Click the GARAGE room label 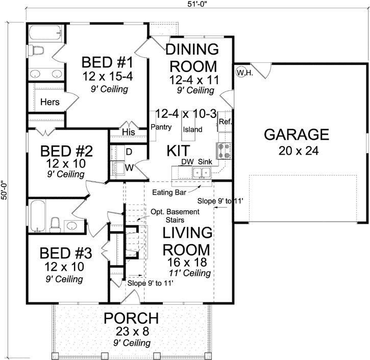tap(296, 135)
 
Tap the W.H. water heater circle tap(242, 73)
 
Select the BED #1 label tap(108, 63)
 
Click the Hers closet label tap(50, 102)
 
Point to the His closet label tap(128, 132)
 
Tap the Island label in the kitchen tap(192, 129)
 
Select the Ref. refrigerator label tap(225, 122)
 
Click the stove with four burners tap(224, 151)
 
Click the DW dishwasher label tap(187, 162)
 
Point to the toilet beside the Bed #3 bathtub tap(56, 224)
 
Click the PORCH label tap(131, 318)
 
